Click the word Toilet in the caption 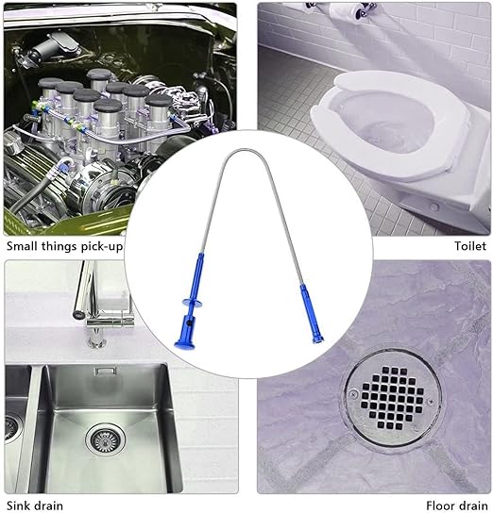coord(470,246)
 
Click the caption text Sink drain coord(35,505)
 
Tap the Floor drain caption coord(457,505)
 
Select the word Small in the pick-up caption coord(23,246)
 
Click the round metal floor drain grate coord(392,397)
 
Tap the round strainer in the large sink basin coord(106,439)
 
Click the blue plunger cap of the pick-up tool coord(184,344)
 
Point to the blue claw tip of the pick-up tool coord(316,339)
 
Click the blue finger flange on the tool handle coord(192,303)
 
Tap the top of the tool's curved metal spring coord(246,151)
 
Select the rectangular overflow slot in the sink coord(106,371)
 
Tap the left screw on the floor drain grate coord(353,394)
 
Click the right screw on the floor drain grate coord(431,400)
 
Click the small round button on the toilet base coord(434,207)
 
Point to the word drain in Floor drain coord(472,505)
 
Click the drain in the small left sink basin coord(11,427)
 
